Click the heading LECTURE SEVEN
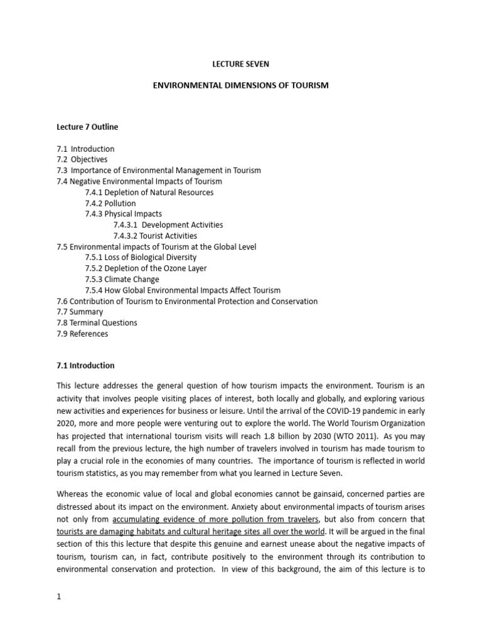click(240, 64)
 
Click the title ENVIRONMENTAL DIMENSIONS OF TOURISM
click(241, 84)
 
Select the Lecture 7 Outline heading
click(87, 127)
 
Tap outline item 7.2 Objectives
click(82, 160)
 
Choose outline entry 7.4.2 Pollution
click(110, 203)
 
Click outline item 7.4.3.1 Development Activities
click(168, 224)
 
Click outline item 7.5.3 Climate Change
click(122, 279)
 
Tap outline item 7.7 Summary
click(80, 312)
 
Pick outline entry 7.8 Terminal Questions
click(97, 323)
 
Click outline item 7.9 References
click(82, 334)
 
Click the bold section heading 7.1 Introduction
click(85, 366)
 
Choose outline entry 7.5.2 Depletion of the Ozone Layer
click(146, 268)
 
